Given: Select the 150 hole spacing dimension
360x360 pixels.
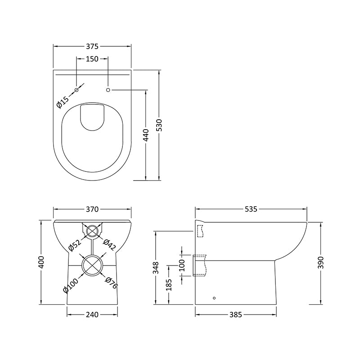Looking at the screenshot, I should (x=92, y=59).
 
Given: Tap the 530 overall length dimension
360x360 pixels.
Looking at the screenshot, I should (x=159, y=125).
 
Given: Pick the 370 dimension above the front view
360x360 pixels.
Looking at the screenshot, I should (x=92, y=209).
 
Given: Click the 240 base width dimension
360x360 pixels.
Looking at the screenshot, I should (x=92, y=315).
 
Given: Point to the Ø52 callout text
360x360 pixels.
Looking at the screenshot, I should (x=74, y=246).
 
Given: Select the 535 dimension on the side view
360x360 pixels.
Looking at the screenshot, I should (x=251, y=209).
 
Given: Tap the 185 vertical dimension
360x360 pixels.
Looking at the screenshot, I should (x=168, y=284).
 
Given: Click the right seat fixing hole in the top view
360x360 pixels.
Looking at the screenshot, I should (x=108, y=90).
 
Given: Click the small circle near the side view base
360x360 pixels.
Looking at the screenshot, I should (x=214, y=297).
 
